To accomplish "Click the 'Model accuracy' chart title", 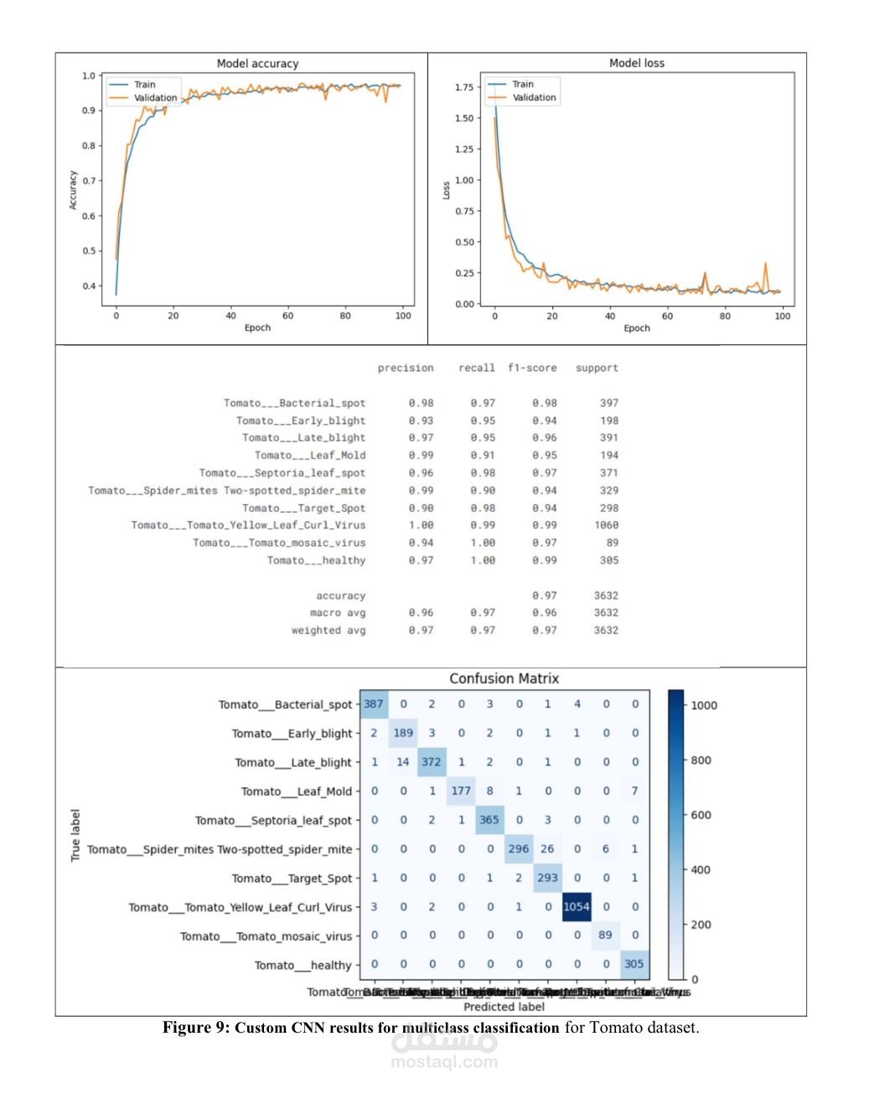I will (257, 64).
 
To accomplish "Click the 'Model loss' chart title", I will (636, 63).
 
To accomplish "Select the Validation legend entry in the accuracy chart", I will (155, 98).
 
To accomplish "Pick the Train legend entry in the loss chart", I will (522, 84).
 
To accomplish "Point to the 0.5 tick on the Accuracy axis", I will (89, 251).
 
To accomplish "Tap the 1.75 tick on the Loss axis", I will (464, 87).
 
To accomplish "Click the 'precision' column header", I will (406, 368).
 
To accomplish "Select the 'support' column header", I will (597, 368).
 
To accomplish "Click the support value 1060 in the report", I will (606, 525).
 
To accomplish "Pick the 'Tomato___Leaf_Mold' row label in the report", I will (310, 456).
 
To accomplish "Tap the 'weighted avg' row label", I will (329, 630).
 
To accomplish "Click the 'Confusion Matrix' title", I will (504, 678).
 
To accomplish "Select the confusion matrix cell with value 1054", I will (577, 907).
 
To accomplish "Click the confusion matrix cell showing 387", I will (374, 704).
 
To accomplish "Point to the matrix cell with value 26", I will (547, 849).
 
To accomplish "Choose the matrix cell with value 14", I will (403, 762).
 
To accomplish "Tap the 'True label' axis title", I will (75, 835).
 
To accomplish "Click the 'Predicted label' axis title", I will (504, 1007).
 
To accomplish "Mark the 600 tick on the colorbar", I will (701, 815).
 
